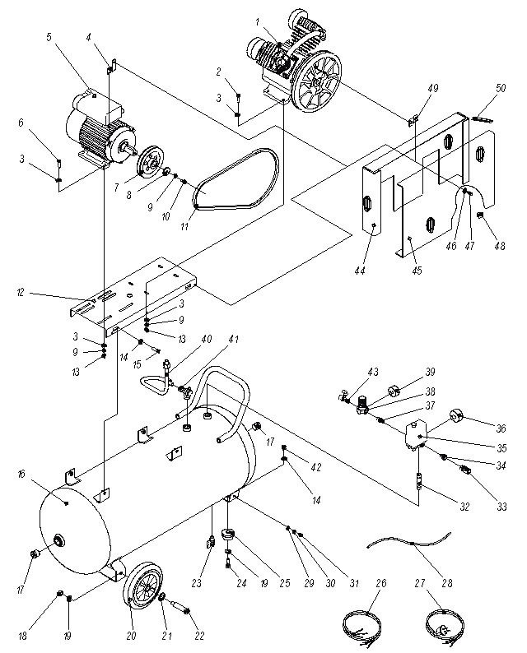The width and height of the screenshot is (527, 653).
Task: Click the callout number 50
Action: (501, 88)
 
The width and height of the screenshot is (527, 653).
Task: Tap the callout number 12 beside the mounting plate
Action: (21, 292)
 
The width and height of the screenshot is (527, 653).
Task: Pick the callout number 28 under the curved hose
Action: (447, 582)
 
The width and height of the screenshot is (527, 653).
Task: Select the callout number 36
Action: (501, 428)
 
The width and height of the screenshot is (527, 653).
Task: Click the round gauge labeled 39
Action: (394, 392)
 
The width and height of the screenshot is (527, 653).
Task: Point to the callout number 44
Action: (360, 271)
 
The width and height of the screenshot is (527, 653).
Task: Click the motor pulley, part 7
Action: (148, 163)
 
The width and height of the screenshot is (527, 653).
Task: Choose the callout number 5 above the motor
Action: (49, 37)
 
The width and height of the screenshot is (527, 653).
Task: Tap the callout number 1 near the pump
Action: (257, 21)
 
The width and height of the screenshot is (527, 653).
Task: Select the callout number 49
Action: (433, 88)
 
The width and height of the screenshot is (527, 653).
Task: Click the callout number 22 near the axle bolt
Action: (200, 636)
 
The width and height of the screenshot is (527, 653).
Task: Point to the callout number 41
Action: (234, 339)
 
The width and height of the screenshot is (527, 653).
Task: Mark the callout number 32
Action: (464, 507)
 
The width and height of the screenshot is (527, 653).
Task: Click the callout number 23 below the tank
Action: (196, 583)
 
